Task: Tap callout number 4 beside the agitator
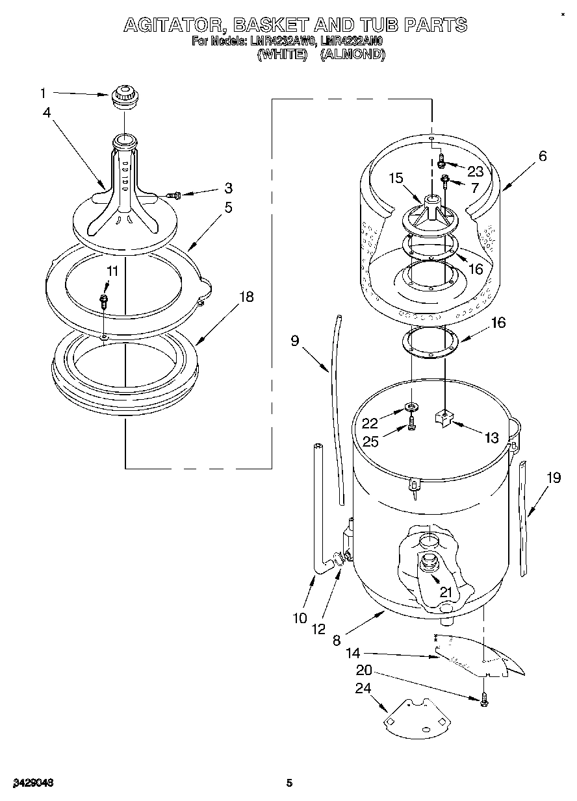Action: click(x=47, y=112)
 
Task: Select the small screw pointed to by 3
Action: click(x=173, y=194)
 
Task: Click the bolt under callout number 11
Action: click(x=103, y=301)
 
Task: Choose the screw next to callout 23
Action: click(x=441, y=158)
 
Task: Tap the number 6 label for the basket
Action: click(x=543, y=156)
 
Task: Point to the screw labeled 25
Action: click(x=412, y=426)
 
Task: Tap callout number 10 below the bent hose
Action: click(x=299, y=618)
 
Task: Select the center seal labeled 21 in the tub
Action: click(x=430, y=562)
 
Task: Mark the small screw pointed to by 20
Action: click(x=485, y=699)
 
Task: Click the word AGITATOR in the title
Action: click(x=175, y=26)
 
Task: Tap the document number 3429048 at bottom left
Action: click(x=31, y=783)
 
